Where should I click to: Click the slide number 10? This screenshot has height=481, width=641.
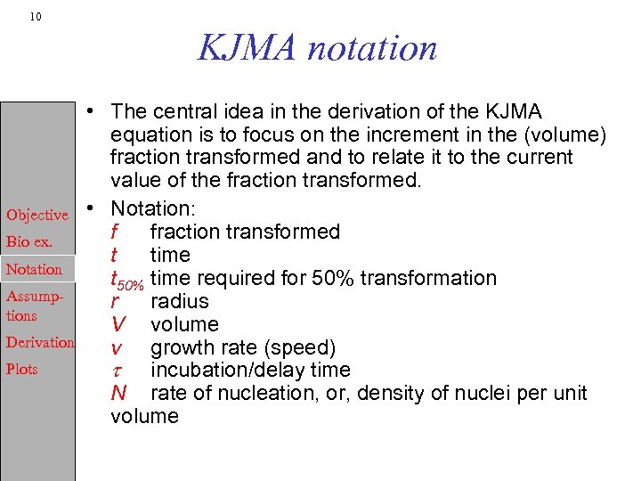click(x=34, y=17)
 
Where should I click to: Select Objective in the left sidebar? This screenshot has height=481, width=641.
click(x=37, y=215)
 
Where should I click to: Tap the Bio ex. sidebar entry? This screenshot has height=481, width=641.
click(x=29, y=241)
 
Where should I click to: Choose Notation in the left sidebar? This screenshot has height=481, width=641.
click(x=34, y=269)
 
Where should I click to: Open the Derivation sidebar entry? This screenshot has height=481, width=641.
click(x=40, y=342)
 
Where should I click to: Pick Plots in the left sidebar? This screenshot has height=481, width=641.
click(x=22, y=369)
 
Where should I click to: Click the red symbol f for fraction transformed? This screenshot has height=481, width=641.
click(x=115, y=232)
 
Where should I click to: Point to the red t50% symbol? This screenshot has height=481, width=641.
click(x=126, y=280)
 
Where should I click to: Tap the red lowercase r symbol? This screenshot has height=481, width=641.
click(x=115, y=302)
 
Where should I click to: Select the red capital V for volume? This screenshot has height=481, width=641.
click(x=118, y=324)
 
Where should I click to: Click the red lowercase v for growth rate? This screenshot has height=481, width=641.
click(x=116, y=347)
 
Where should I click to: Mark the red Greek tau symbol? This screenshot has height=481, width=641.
click(x=116, y=371)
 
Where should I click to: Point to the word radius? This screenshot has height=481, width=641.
click(x=180, y=301)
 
